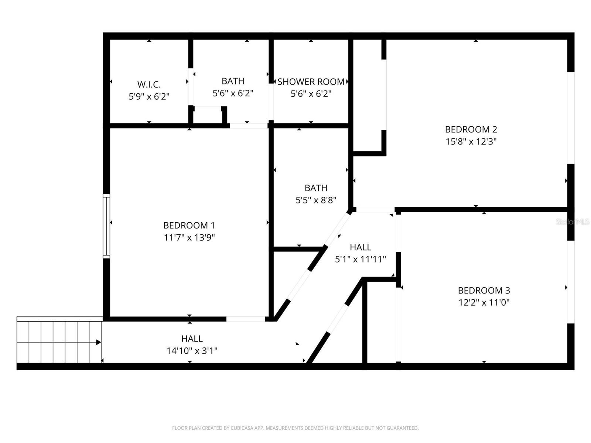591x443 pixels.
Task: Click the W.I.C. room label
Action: [149, 85]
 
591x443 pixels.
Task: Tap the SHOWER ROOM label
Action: [311, 82]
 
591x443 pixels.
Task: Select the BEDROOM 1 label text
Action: [189, 225]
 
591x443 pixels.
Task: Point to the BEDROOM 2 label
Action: [471, 129]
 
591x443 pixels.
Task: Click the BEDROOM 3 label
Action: [484, 291]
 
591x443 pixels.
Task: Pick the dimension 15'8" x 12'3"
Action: [471, 141]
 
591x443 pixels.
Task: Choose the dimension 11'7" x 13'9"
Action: [189, 237]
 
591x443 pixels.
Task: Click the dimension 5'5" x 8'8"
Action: [316, 200]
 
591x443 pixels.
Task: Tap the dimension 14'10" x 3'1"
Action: [192, 351]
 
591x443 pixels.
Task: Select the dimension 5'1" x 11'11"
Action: [360, 259]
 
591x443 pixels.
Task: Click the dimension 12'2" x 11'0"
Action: [484, 303]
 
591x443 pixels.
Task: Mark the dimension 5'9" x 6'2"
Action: [149, 97]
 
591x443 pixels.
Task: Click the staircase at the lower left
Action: [59, 342]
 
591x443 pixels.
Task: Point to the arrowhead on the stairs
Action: [99, 342]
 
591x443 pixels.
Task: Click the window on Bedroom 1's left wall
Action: [106, 226]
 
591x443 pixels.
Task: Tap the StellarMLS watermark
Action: [573, 222]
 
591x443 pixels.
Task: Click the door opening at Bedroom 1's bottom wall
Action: [245, 319]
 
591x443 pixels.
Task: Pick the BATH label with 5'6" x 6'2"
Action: [233, 81]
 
